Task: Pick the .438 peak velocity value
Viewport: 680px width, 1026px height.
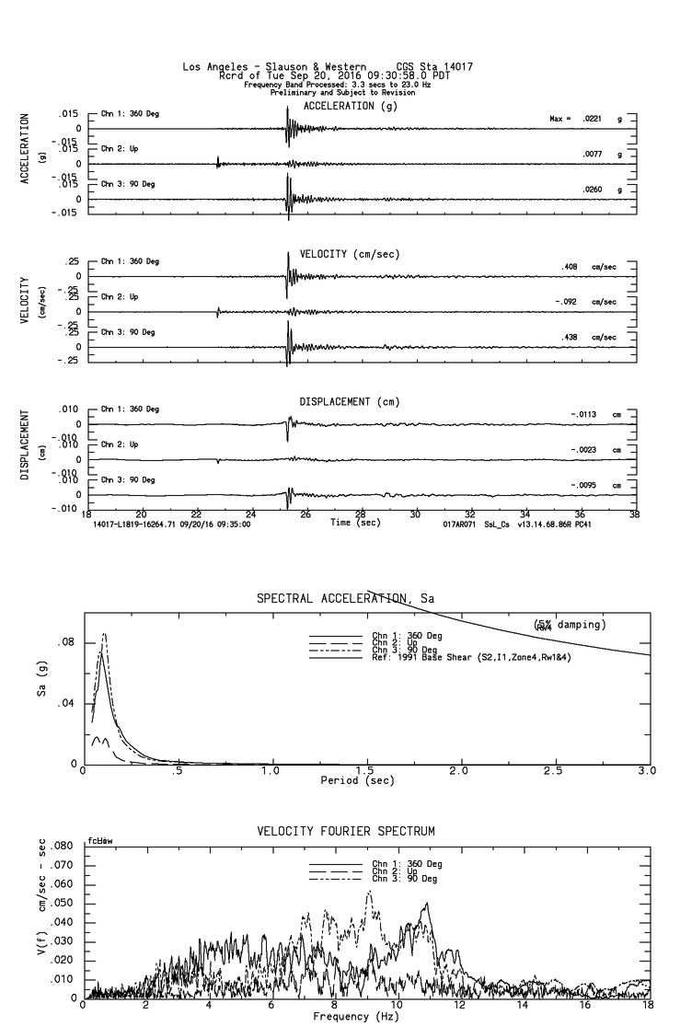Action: (571, 338)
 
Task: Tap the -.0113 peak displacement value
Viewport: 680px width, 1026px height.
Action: (584, 414)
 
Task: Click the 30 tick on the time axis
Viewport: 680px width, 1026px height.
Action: (415, 515)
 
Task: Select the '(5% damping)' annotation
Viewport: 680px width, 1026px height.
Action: (569, 625)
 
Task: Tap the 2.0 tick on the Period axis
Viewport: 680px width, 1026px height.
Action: (458, 770)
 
